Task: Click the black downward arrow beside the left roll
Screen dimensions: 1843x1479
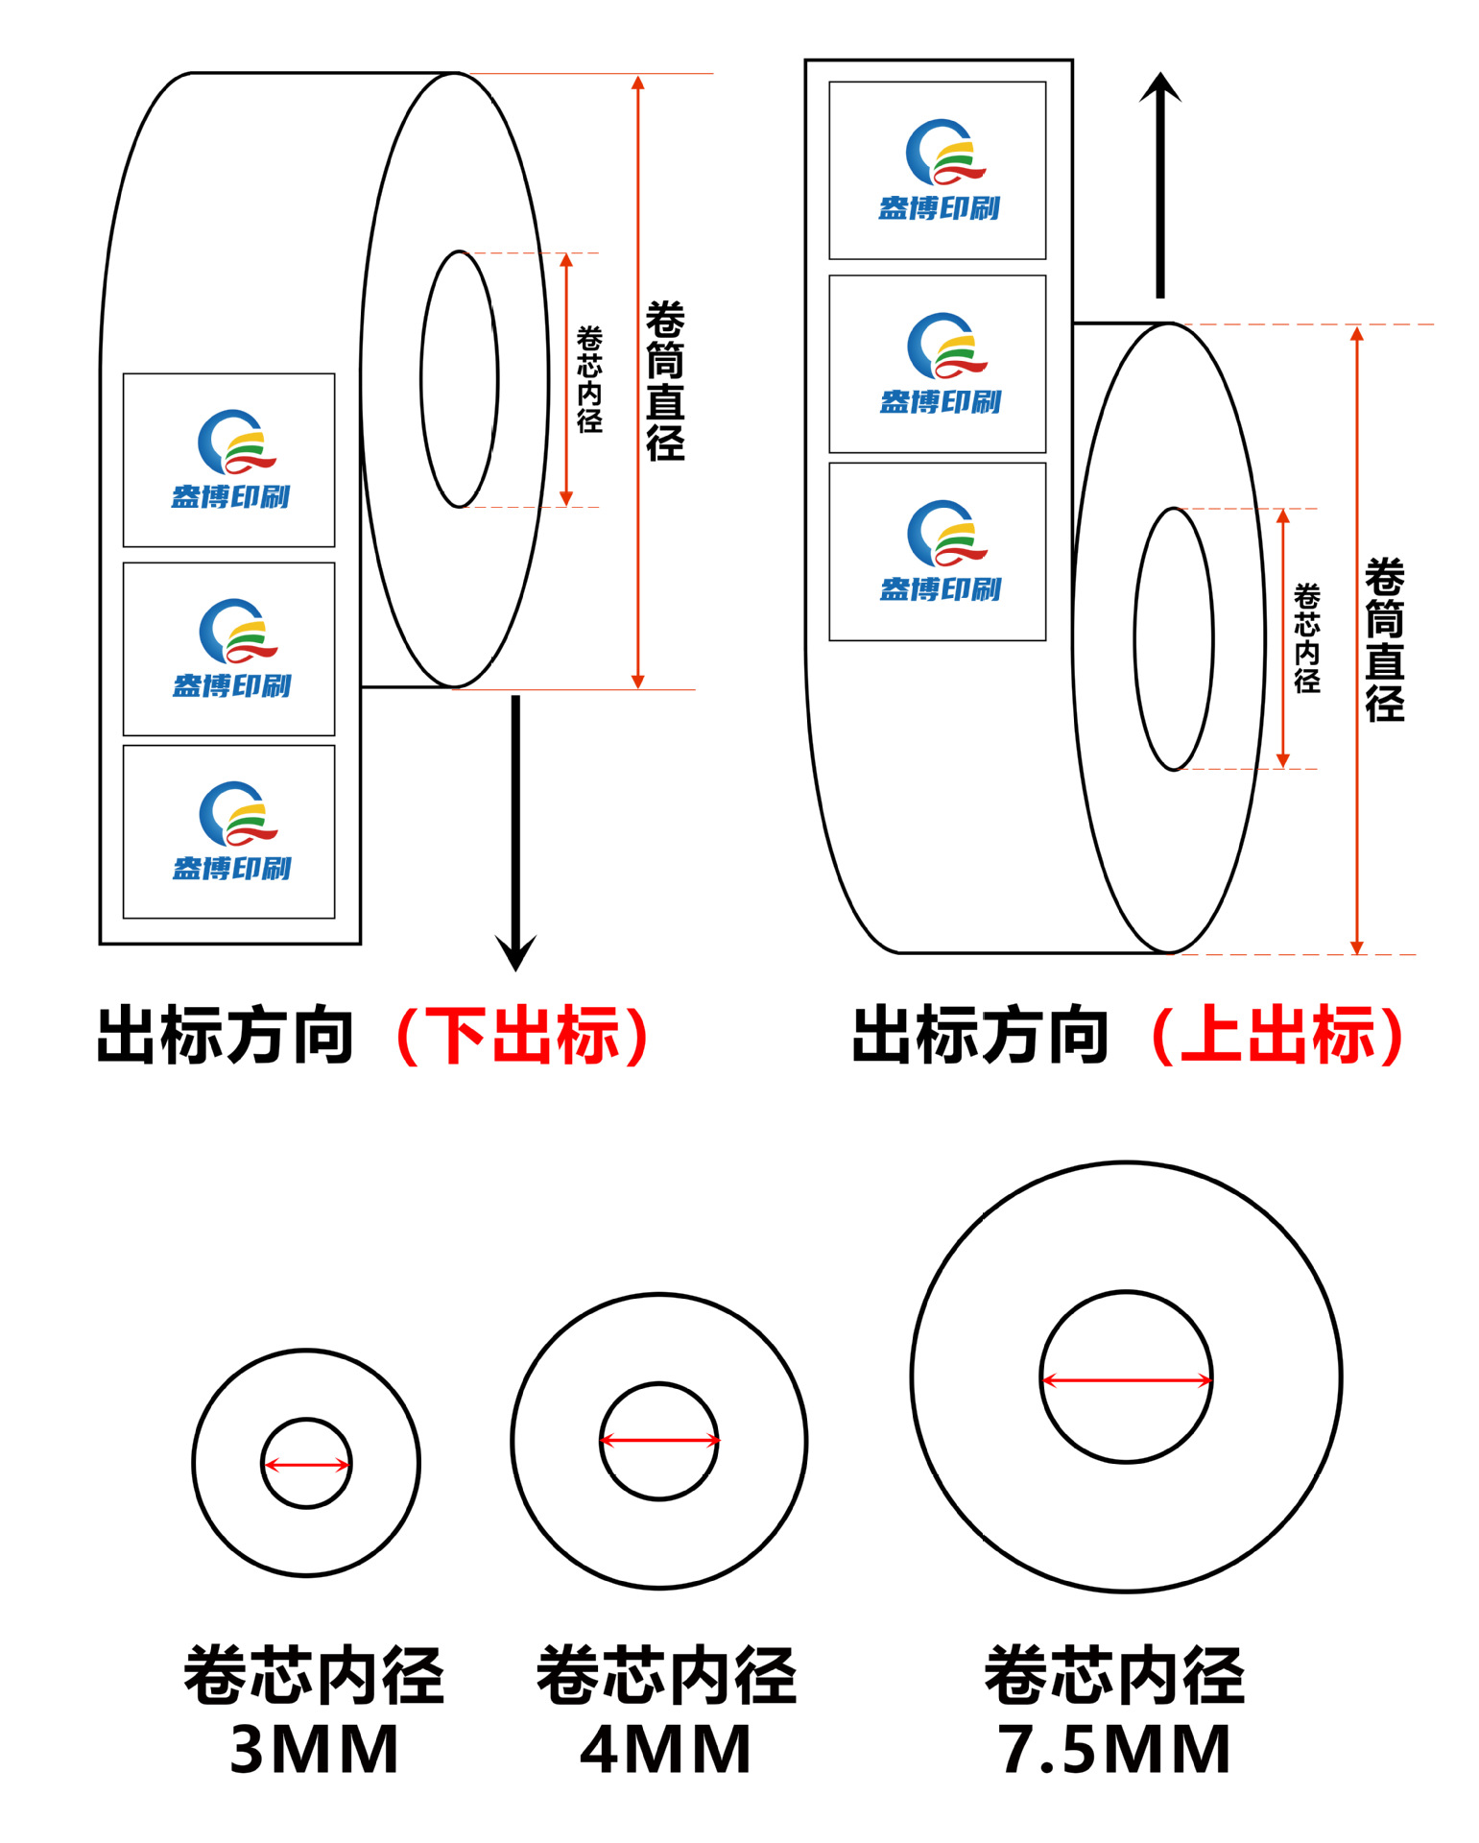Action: click(515, 826)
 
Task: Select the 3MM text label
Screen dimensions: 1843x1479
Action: click(315, 1749)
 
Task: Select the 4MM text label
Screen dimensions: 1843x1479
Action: click(666, 1749)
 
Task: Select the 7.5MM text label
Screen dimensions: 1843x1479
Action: click(1114, 1749)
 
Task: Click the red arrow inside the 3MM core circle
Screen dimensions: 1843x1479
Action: click(306, 1465)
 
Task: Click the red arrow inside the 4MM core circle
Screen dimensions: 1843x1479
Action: click(659, 1440)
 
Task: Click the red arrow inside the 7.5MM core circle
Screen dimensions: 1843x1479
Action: click(1126, 1380)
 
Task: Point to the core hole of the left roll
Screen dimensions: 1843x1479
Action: click(459, 379)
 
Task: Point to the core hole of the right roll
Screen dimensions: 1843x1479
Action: click(1173, 638)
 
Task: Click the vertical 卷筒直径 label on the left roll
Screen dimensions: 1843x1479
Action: click(665, 381)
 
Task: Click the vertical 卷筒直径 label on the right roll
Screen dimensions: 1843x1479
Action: click(1384, 640)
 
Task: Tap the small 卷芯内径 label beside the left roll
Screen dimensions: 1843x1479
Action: click(589, 379)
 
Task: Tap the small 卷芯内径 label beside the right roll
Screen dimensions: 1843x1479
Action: click(1306, 638)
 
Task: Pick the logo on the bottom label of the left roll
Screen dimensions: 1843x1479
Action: click(235, 814)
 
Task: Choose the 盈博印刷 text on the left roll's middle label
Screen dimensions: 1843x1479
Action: click(231, 685)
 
